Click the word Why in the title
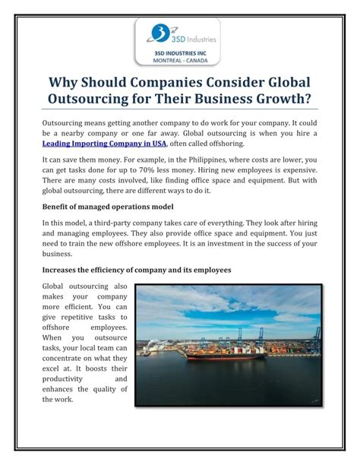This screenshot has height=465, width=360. (65, 81)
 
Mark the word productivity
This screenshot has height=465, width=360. (65, 378)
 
